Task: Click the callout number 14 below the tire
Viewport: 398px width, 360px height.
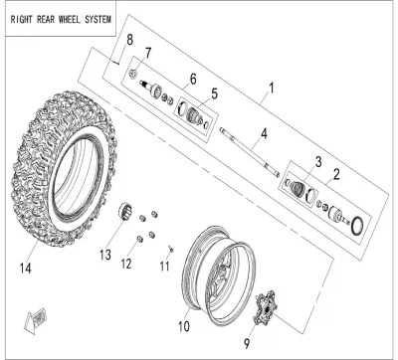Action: pos(25,268)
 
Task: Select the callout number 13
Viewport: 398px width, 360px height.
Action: pos(105,255)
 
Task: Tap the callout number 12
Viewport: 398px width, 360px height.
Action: pos(126,264)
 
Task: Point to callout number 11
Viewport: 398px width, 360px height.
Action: pos(164,266)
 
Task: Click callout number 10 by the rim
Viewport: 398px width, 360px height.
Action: pos(184,326)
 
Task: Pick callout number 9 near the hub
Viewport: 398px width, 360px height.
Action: pos(247,343)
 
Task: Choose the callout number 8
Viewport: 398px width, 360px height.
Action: pos(129,40)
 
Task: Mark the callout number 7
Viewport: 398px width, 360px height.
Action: pos(147,53)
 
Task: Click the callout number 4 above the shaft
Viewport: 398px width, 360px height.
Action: pos(264,134)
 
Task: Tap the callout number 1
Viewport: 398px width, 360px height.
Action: pos(272,89)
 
